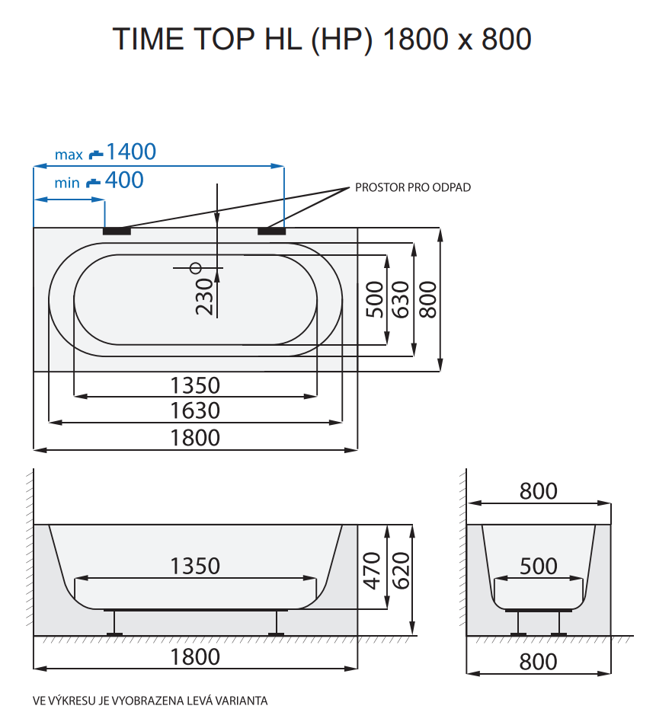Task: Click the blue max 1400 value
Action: coord(131,152)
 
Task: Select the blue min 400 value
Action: coord(125,180)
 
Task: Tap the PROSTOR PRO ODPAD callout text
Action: coord(412,187)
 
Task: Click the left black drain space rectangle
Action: coord(117,230)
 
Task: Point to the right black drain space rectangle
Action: coord(271,230)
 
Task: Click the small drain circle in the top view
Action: coord(196,267)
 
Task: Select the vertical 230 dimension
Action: coord(204,295)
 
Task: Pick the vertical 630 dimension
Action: coord(401,299)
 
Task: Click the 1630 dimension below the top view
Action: coord(195,410)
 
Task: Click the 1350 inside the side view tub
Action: coord(195,566)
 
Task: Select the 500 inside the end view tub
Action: coord(539,566)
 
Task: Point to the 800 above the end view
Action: coord(539,491)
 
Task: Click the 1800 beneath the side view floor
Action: coord(195,656)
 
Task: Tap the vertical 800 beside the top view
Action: coord(428,299)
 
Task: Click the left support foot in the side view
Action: coord(115,624)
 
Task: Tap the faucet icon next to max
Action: coord(95,154)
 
